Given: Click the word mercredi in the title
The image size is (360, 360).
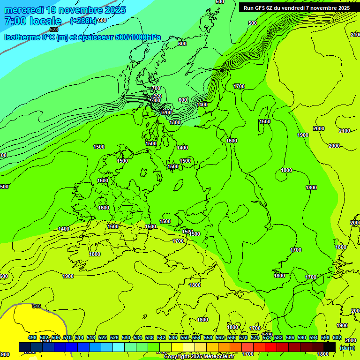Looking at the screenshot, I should coord(24,10).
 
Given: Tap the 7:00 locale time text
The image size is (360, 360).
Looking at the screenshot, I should coord(33,21).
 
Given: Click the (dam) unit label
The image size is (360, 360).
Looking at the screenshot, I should coord(347,348).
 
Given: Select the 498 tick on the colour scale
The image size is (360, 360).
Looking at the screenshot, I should coord(32,337).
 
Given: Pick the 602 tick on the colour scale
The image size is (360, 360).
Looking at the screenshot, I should coord(337,337).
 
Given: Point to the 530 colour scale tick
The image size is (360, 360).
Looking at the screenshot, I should coord(126,337).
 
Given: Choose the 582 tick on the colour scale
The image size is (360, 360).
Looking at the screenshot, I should coord(278,337).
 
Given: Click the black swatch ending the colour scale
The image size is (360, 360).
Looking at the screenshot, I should coord(330,347).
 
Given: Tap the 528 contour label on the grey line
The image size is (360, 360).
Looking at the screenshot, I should coord(54,30).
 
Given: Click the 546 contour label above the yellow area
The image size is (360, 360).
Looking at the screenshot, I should coord(37,307).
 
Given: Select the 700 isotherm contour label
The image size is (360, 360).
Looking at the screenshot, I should coord(156,88).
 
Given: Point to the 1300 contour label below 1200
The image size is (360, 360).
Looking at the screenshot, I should coord(175,122).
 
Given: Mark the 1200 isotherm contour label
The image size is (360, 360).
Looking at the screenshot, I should coord(166,112).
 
